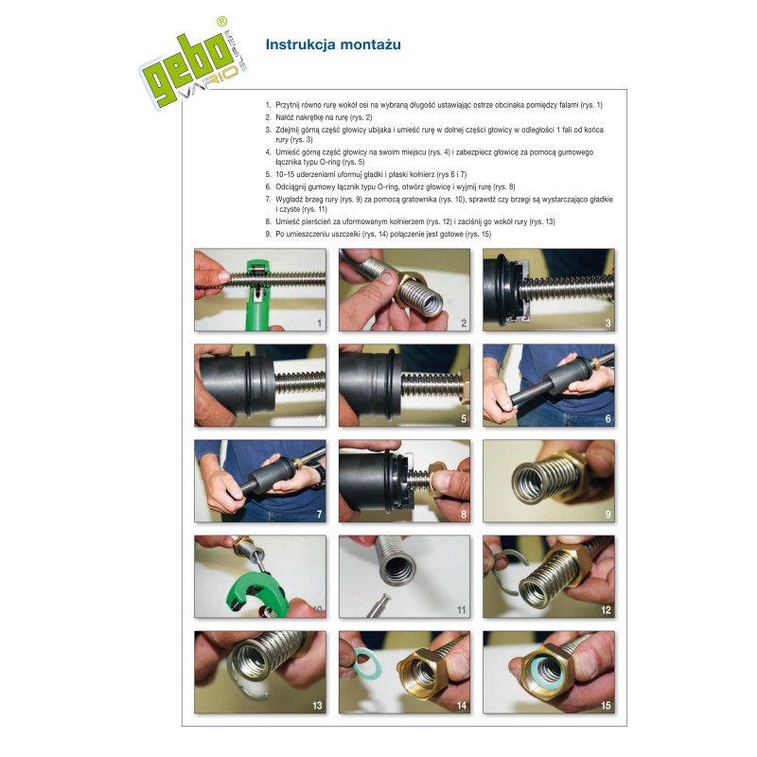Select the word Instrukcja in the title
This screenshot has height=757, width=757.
pos(301,44)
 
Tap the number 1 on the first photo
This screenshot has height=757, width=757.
pos(319,323)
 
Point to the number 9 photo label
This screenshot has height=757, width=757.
pos(607,514)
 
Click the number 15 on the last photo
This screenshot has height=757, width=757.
pos(606,705)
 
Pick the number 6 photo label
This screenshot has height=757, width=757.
pos(607,418)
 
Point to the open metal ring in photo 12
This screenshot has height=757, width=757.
pos(508,574)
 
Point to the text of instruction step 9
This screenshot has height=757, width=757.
pos(378,234)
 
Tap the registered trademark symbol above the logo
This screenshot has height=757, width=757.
pos(221,21)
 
